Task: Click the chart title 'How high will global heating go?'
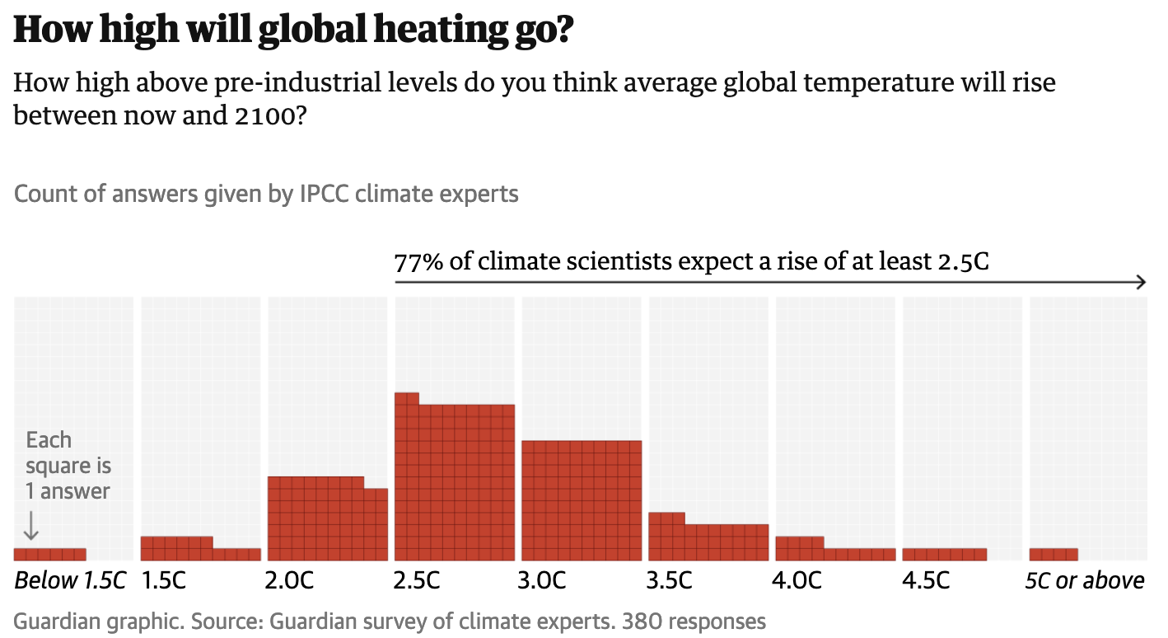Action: pos(293,31)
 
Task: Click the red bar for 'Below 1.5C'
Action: pos(49,555)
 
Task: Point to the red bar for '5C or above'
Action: pos(1054,555)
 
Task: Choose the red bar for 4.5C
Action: pos(944,555)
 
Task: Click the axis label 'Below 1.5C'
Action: pos(70,581)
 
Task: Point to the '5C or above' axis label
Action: pos(1085,581)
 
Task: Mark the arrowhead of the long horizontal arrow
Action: pos(1141,283)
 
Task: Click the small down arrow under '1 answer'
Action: pos(31,525)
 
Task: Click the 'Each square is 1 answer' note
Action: pos(68,466)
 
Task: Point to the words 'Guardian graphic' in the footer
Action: pos(82,621)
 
